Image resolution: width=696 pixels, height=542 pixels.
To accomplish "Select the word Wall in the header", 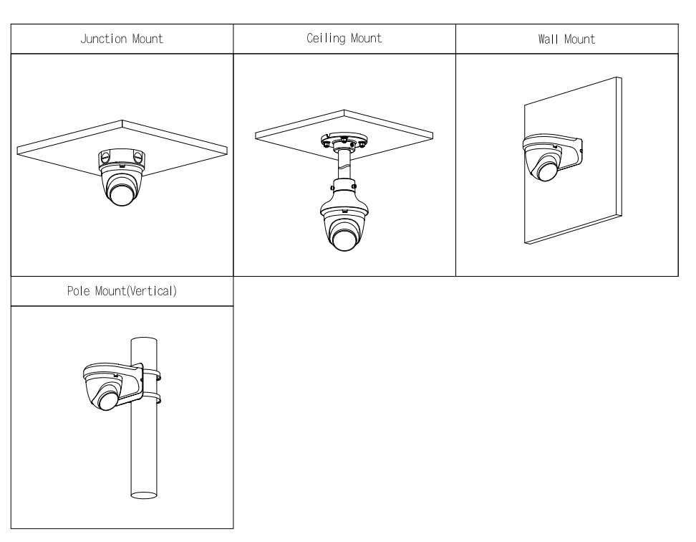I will click(549, 39).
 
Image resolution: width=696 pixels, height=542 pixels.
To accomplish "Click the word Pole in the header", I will click(77, 293).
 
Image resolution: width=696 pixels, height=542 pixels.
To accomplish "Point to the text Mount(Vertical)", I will click(139, 293).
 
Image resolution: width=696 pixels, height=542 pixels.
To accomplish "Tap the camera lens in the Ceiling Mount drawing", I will click(344, 235).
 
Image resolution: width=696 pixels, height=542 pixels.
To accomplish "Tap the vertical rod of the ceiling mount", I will click(344, 165).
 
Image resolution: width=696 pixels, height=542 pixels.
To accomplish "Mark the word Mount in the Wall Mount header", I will click(579, 39).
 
